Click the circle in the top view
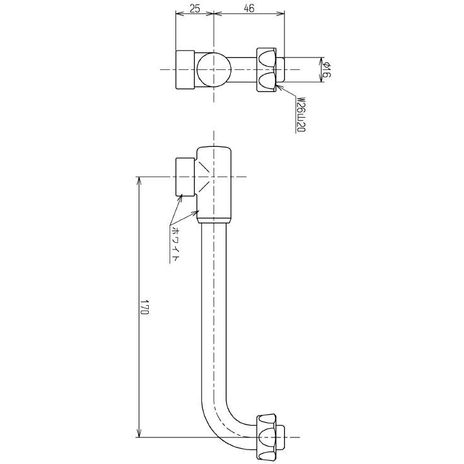pos(213,69)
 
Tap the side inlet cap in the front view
pos(185,177)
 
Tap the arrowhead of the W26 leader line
pos(286,86)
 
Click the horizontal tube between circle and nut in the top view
pos(243,69)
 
